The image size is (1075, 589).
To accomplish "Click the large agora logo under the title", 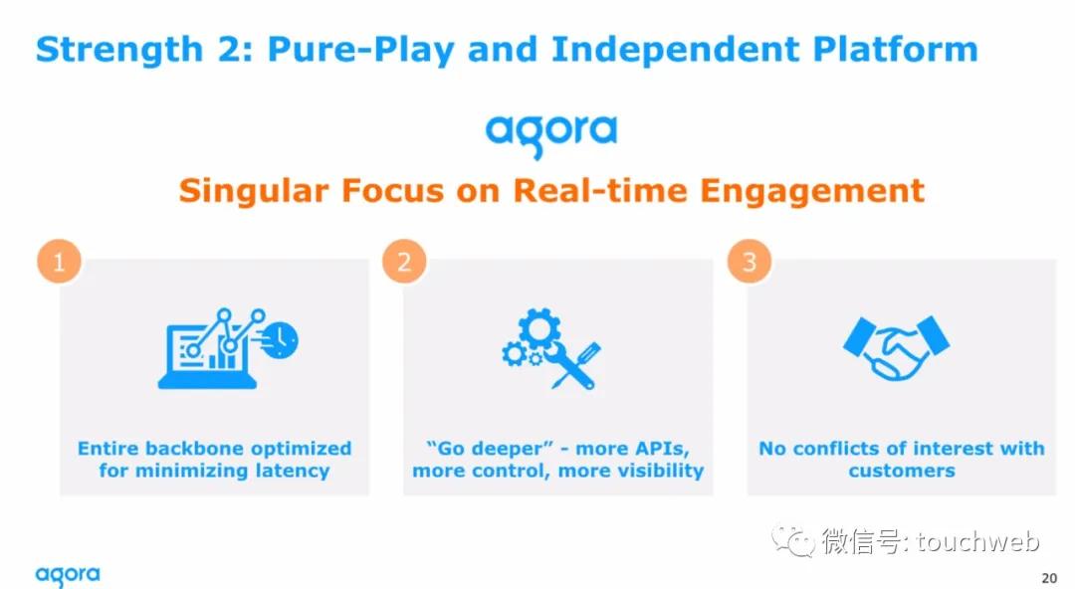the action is click(551, 134).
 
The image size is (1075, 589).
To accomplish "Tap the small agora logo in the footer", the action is click(68, 575).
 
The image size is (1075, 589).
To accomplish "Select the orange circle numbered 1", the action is click(59, 262).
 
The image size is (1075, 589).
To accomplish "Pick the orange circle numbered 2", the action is click(404, 262).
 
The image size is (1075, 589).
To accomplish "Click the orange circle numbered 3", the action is click(750, 262).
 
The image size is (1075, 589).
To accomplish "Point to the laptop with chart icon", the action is click(228, 348).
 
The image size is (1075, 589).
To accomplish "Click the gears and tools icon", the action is click(551, 348).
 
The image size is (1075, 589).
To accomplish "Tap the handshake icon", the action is click(896, 347).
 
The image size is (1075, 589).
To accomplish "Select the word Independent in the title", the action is click(675, 50).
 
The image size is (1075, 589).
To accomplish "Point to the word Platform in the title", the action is click(896, 50).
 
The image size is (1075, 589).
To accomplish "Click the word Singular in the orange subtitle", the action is click(254, 191).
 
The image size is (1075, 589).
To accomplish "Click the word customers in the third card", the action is click(902, 471).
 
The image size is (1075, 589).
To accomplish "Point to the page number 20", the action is click(1049, 578).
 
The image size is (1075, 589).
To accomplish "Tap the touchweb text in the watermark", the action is click(978, 541).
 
